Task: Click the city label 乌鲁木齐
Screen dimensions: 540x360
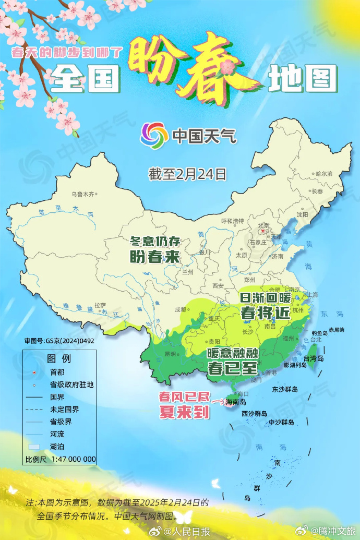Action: tap(83, 194)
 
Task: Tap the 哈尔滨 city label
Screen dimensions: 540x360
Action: tap(323, 173)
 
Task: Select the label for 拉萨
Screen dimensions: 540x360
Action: tap(100, 305)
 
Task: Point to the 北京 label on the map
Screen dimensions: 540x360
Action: tap(265, 225)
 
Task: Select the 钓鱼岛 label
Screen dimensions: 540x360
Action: tap(319, 332)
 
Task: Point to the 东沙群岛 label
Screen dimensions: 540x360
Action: tap(285, 389)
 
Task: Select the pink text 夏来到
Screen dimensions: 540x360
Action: tap(184, 412)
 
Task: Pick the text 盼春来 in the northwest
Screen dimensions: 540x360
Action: tap(154, 257)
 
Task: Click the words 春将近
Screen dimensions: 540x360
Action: tap(265, 313)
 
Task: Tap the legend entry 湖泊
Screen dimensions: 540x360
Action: tap(57, 447)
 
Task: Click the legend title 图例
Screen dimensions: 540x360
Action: tap(58, 359)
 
